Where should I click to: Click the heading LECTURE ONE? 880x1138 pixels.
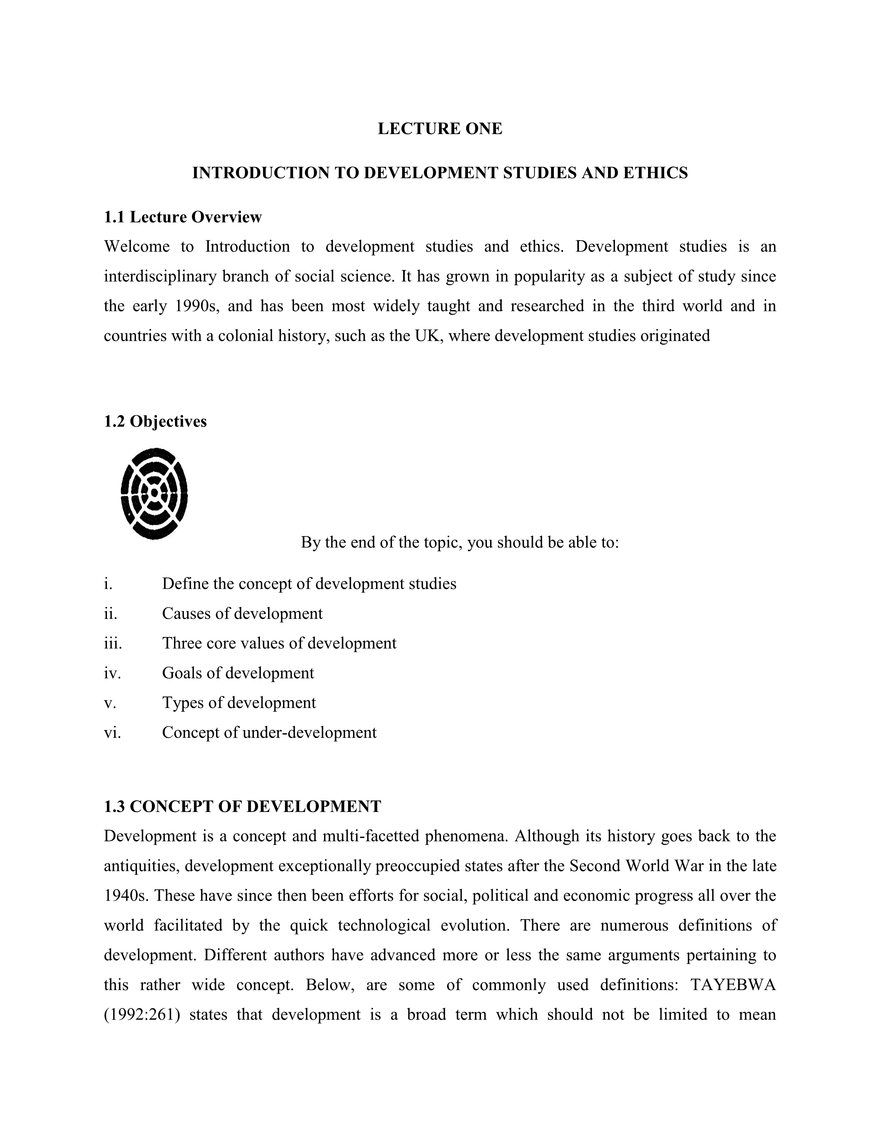pos(439,129)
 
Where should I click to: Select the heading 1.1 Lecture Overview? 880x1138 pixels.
pos(183,217)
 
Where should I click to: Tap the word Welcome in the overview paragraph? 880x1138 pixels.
pos(137,247)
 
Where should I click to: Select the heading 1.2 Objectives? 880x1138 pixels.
pos(155,421)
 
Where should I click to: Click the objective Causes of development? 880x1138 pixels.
pos(242,613)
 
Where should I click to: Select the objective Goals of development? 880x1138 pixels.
pos(238,673)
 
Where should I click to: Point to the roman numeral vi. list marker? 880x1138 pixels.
pos(112,732)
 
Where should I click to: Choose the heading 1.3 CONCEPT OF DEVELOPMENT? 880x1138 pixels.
pos(242,807)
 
